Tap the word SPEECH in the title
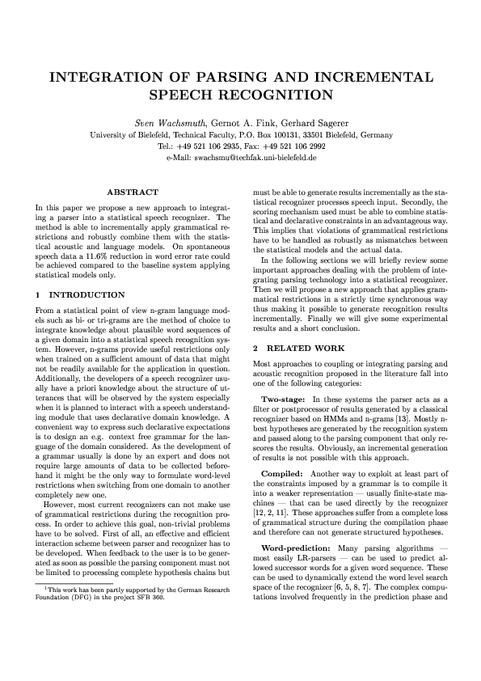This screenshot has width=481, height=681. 184,95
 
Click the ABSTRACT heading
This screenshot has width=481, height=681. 133,192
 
